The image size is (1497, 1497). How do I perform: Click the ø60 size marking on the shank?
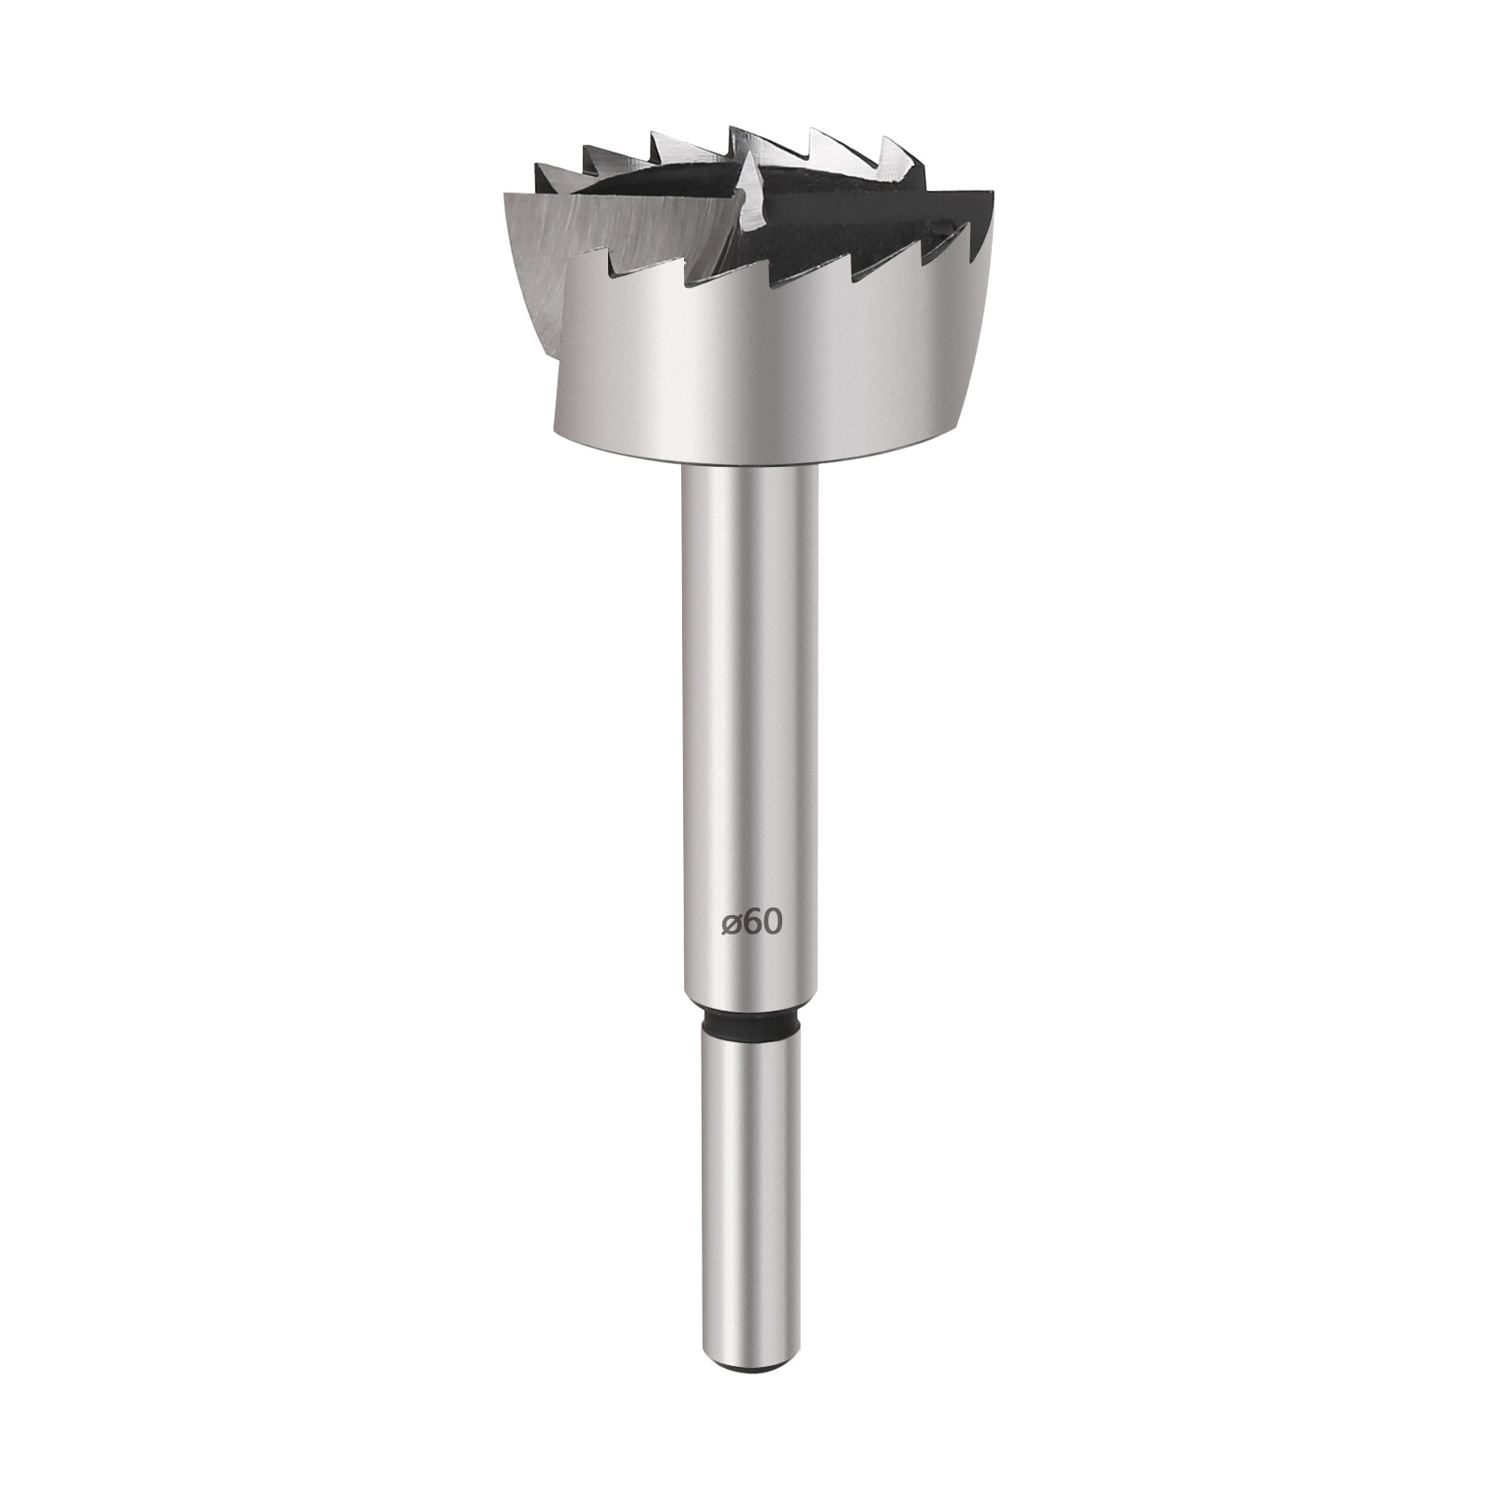pos(751,923)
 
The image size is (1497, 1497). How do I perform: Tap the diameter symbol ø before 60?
pos(732,924)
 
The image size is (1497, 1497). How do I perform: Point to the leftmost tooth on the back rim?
pos(541,168)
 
